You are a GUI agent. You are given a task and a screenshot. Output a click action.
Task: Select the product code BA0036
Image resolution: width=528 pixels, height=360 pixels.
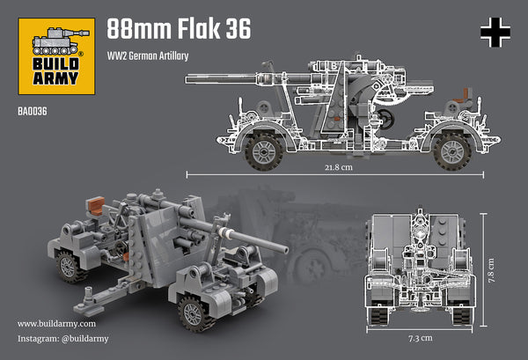[x=31, y=111]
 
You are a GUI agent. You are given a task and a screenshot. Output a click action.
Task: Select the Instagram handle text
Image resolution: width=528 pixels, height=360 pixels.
[x=63, y=338]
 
